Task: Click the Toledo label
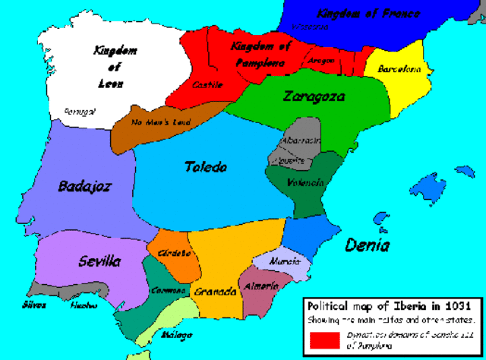(x=206, y=167)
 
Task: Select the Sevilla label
(x=99, y=261)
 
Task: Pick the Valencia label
(x=306, y=182)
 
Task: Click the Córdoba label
(x=175, y=253)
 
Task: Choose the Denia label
(x=368, y=245)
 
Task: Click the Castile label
(x=208, y=84)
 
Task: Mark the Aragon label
(x=321, y=60)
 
